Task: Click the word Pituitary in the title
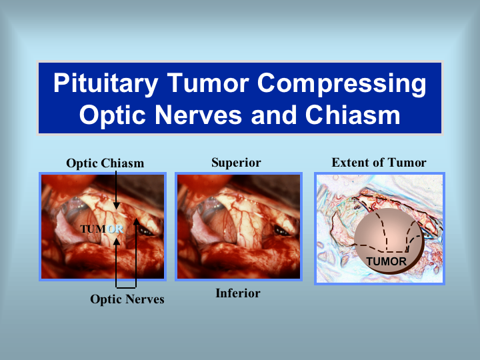pyautogui.click(x=106, y=83)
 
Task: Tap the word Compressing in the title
pyautogui.click(x=341, y=83)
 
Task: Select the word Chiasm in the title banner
pyautogui.click(x=353, y=115)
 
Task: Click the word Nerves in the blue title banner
pyautogui.click(x=198, y=115)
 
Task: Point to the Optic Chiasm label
pyautogui.click(x=105, y=163)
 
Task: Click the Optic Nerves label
pyautogui.click(x=127, y=299)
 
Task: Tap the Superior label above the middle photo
pyautogui.click(x=236, y=163)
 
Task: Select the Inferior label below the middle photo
pyautogui.click(x=238, y=293)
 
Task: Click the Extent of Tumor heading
pyautogui.click(x=379, y=163)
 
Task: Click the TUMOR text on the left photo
pyautogui.click(x=102, y=229)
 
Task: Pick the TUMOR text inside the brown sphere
pyautogui.click(x=386, y=261)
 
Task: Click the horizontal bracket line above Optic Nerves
pyautogui.click(x=126, y=287)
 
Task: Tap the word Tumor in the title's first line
pyautogui.click(x=207, y=83)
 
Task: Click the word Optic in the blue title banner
pyautogui.click(x=112, y=116)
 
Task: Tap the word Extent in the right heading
pyautogui.click(x=349, y=163)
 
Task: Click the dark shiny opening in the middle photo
pyautogui.click(x=281, y=231)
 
